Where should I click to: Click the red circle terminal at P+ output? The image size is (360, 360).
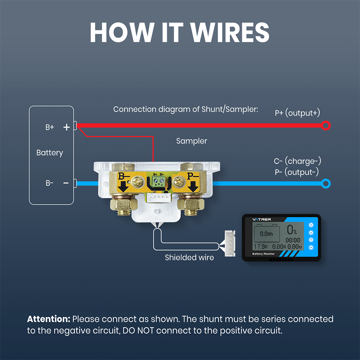coord(326,126)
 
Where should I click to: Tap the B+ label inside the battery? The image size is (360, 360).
coord(50,127)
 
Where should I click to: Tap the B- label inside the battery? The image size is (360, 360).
coord(49,183)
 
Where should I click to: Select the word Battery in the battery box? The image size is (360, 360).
coord(50,153)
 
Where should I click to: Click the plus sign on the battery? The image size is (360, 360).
coord(66,127)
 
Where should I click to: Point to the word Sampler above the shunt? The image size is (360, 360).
coord(192,141)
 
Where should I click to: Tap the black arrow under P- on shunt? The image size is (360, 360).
coord(193,186)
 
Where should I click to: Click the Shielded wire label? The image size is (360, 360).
coord(189,257)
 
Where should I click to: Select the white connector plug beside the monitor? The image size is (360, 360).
coord(230,244)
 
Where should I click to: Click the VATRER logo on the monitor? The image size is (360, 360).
coord(262,219)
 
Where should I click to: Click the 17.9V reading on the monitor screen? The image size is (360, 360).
coord(261,247)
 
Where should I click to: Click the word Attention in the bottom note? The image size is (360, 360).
coord(49,319)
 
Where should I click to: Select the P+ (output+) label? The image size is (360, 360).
coord(297,113)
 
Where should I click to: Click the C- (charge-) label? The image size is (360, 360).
coord(297,161)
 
